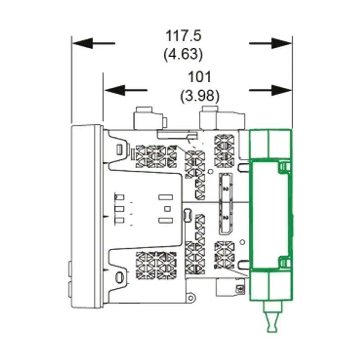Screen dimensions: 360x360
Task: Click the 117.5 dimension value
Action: point(183,36)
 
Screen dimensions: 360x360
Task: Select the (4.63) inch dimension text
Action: point(183,54)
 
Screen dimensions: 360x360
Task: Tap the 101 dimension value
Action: point(199,77)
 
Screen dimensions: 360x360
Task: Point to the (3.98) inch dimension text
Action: point(200,96)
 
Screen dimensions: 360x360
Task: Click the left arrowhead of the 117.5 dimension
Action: point(83,43)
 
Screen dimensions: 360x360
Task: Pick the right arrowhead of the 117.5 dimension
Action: point(282,43)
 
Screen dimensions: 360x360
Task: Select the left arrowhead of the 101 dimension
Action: point(115,90)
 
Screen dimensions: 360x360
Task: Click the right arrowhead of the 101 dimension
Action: point(282,90)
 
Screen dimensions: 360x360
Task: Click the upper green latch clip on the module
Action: point(284,167)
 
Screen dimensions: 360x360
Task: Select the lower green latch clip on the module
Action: point(284,262)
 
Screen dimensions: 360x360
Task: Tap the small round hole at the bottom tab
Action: point(190,298)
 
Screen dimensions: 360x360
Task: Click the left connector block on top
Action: point(150,118)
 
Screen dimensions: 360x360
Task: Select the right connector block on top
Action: point(222,118)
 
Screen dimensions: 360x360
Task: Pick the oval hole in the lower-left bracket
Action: point(119,277)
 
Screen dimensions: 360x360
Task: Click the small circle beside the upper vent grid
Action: point(210,171)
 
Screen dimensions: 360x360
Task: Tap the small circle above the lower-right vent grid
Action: point(242,242)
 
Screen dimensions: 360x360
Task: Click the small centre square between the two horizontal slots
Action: point(167,209)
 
